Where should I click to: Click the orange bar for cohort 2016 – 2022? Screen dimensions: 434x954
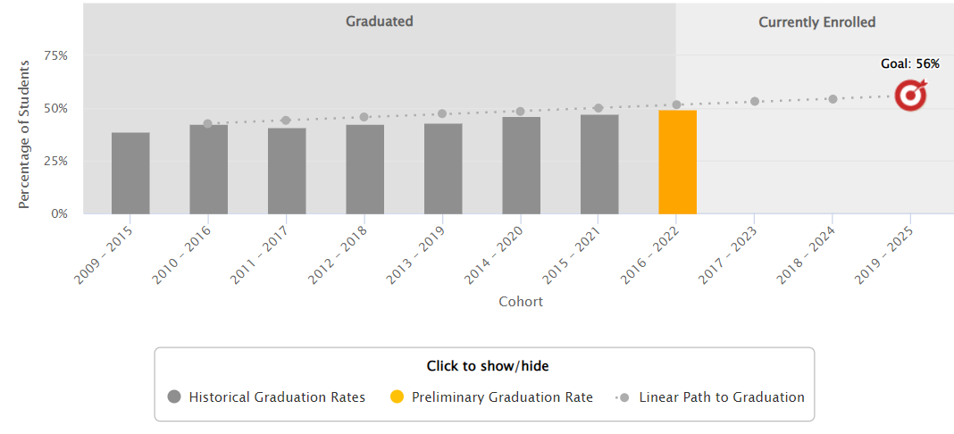(677, 162)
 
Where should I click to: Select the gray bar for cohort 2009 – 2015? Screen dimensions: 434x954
(130, 173)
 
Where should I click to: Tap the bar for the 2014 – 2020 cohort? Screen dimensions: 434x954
(521, 165)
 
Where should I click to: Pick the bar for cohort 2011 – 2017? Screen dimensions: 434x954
(287, 171)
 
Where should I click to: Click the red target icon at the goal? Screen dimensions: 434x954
(911, 95)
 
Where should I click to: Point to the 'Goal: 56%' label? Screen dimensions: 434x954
(910, 64)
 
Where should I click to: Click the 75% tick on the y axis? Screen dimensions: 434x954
(56, 55)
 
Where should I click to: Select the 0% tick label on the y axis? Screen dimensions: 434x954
(60, 214)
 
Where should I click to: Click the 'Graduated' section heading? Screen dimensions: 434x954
(380, 21)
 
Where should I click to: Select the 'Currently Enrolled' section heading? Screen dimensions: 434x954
(816, 22)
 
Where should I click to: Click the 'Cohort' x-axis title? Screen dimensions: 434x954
(521, 302)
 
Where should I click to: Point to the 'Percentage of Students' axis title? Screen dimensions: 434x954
(25, 135)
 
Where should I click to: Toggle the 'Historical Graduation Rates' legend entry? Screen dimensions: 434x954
(266, 397)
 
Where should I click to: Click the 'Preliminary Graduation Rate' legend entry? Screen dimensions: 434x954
(491, 397)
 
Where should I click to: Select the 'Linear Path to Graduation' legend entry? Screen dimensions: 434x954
(711, 397)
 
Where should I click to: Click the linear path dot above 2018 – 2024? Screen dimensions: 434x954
(833, 99)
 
